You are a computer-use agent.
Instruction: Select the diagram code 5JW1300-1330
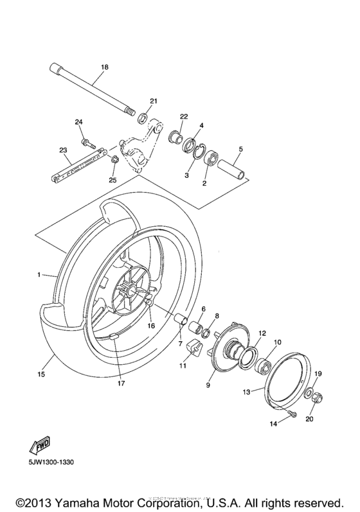point(47,462)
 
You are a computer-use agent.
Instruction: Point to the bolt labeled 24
point(84,137)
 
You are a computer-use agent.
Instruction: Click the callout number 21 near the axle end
point(153,101)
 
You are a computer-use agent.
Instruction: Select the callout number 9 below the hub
point(208,386)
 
